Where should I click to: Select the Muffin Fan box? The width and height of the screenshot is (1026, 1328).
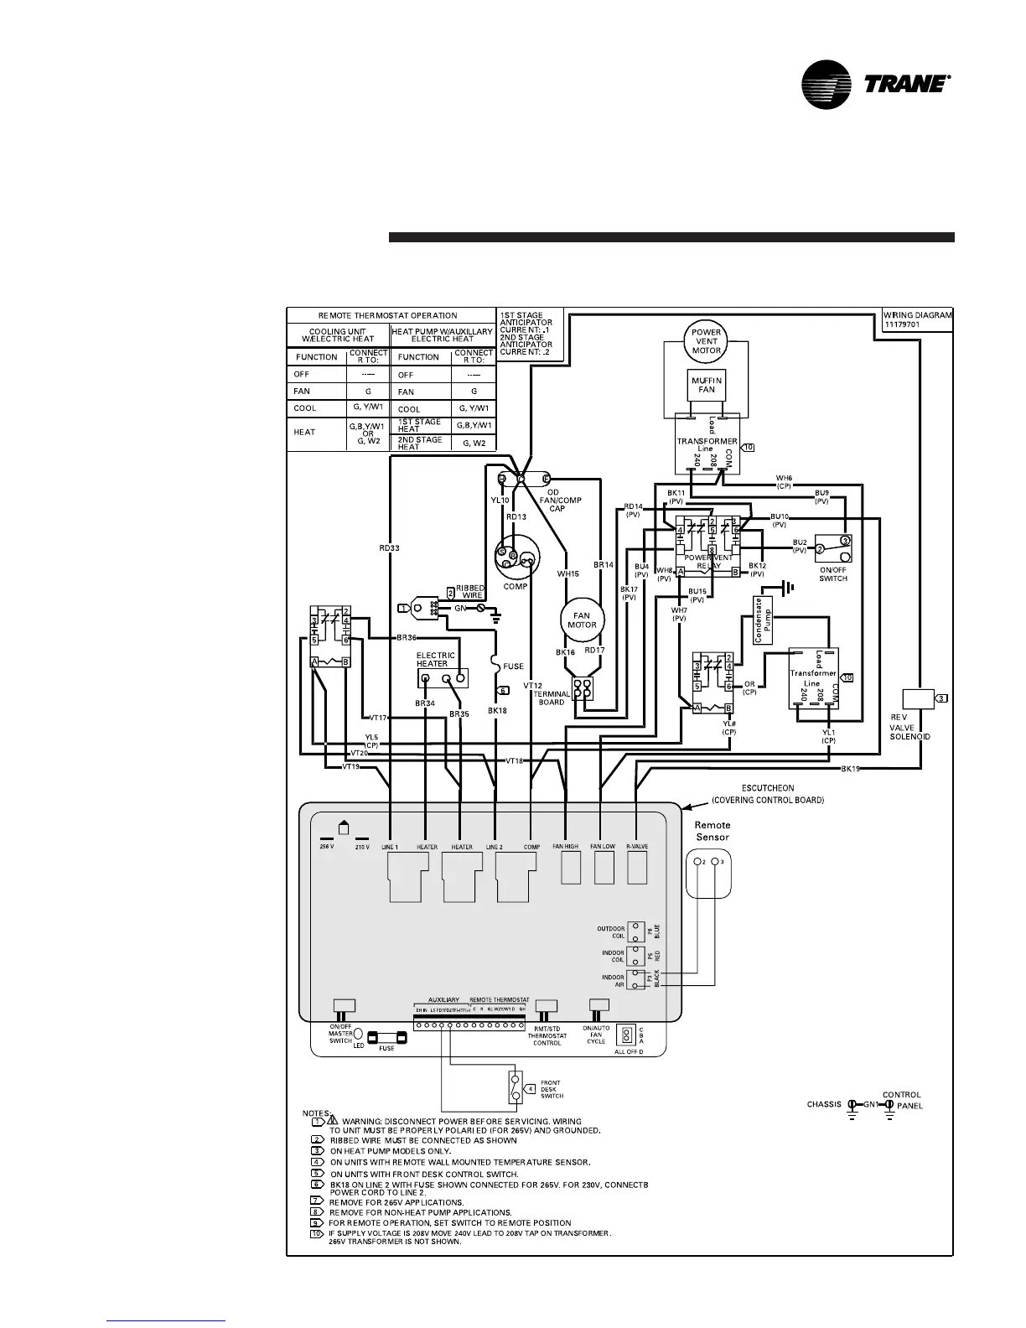(x=707, y=386)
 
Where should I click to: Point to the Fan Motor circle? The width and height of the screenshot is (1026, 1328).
(x=582, y=620)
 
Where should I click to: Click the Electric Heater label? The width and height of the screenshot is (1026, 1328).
(x=436, y=660)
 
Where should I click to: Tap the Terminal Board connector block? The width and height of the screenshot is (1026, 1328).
(x=583, y=689)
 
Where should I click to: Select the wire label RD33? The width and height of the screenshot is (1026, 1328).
(x=389, y=548)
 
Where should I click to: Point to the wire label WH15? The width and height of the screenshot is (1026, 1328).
(x=568, y=574)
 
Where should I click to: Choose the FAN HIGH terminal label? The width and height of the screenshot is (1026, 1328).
(x=566, y=847)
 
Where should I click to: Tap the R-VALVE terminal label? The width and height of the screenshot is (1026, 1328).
(x=638, y=847)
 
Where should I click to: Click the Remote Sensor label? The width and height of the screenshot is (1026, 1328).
(x=712, y=831)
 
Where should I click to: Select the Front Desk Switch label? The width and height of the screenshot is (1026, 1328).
(x=552, y=1089)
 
